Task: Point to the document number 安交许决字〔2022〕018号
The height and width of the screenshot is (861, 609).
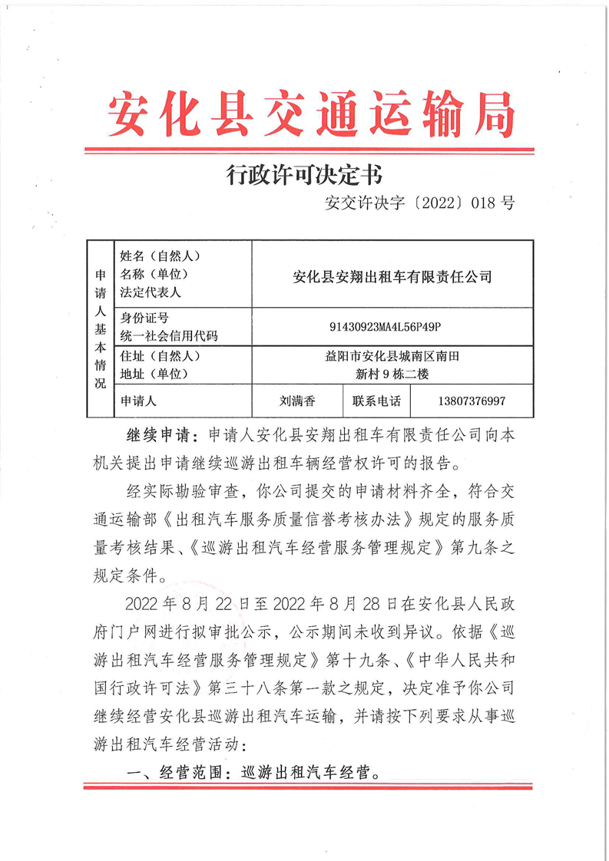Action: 419,203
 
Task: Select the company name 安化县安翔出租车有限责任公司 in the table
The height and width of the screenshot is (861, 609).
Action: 392,276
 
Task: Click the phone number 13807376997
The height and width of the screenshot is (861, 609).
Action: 472,401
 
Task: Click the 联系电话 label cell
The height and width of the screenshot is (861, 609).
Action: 376,401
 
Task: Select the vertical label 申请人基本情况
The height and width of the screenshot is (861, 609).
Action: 100,328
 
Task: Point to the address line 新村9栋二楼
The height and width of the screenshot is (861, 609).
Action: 392,375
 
